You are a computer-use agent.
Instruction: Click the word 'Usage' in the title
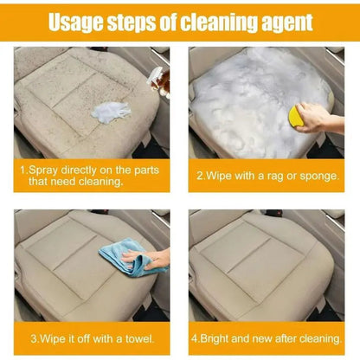(75, 22)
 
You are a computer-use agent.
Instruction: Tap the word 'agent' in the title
(287, 22)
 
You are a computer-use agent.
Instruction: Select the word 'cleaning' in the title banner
(219, 22)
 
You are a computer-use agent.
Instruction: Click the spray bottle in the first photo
(158, 81)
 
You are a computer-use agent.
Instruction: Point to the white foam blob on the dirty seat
(111, 112)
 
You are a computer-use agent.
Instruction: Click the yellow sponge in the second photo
(296, 116)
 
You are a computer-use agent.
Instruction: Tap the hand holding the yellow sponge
(318, 118)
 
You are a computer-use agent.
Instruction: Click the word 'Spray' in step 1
(43, 170)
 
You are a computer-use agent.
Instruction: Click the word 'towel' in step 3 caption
(139, 338)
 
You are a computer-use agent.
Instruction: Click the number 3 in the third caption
(34, 338)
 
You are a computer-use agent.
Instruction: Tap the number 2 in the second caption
(200, 176)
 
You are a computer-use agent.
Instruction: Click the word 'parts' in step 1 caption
(146, 170)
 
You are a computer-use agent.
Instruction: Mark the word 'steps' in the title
(132, 22)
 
